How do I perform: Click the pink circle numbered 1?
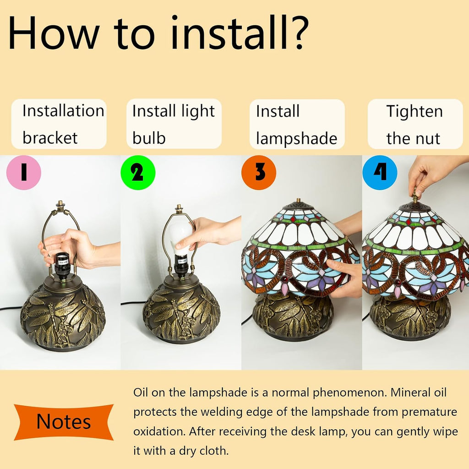24,173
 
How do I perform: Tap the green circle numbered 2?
138,173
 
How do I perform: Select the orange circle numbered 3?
259,173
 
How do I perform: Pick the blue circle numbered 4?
380,173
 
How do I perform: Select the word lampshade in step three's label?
296,138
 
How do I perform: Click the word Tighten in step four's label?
414,112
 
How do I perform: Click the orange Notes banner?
64,422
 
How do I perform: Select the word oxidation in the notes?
158,431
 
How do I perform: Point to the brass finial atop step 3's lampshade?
298,201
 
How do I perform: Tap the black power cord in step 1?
11,308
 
